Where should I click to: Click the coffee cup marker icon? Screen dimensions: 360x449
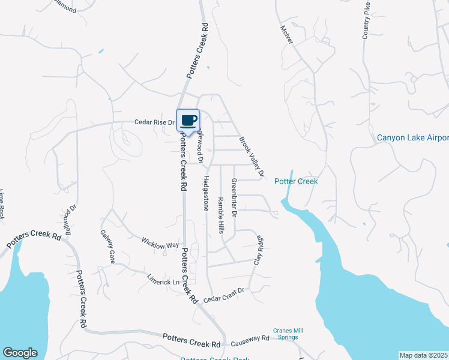[188, 119]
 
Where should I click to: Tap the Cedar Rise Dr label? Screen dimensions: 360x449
[154, 122]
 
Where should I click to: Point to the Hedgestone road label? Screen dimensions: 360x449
[205, 193]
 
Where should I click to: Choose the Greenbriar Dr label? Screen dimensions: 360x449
[235, 197]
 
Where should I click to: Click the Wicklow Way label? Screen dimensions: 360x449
[160, 245]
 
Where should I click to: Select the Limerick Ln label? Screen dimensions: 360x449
[163, 280]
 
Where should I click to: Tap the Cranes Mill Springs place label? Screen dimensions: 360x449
[286, 334]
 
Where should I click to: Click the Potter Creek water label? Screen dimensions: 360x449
[296, 181]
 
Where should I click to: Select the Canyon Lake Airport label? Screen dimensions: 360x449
[412, 138]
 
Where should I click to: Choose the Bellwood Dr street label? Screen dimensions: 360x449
[70, 221]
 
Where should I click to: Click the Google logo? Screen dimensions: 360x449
[19, 352]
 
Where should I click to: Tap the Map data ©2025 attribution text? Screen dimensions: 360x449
[424, 355]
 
